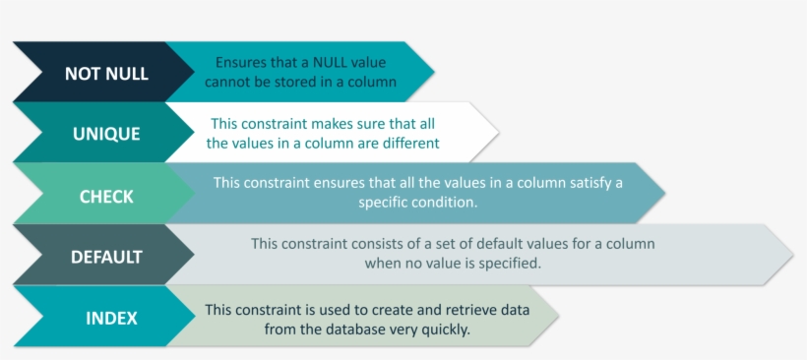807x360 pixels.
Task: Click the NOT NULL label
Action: [x=106, y=74]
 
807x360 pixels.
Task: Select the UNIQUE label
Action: [x=106, y=134]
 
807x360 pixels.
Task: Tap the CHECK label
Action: [x=106, y=196]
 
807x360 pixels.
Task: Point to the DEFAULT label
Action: [x=106, y=257]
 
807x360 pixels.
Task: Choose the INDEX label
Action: [x=111, y=318]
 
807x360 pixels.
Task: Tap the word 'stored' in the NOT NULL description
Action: [x=313, y=83]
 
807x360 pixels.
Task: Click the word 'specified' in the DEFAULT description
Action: [x=510, y=264]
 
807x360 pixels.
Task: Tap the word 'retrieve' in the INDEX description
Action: [x=428, y=310]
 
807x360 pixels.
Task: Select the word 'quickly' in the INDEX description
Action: [x=445, y=329]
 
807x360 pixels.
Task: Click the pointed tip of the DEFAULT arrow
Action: [x=792, y=256]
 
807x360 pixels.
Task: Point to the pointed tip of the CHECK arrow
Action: [x=664, y=193]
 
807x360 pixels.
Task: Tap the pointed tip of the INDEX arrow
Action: [x=558, y=317]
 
